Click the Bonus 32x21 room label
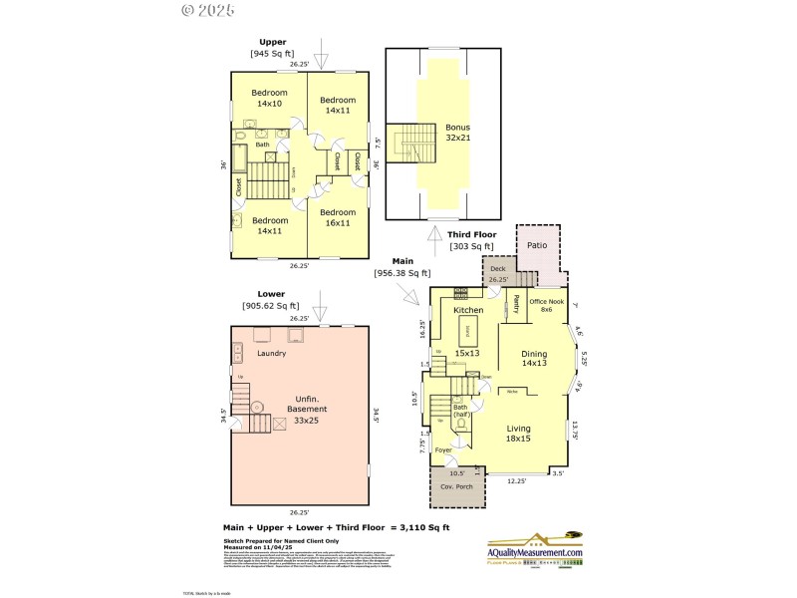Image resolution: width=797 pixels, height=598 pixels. [457, 134]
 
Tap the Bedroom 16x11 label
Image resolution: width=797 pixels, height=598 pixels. [338, 217]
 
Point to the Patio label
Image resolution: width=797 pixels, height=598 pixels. [537, 244]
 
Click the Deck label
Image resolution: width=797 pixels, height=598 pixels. [497, 268]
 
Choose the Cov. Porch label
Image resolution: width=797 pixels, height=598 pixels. [457, 486]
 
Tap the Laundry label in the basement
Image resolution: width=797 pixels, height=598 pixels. [272, 353]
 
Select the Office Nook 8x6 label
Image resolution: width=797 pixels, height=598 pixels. [547, 305]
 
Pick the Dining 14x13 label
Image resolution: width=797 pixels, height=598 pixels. [534, 358]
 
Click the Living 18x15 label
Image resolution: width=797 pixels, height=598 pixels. [519, 434]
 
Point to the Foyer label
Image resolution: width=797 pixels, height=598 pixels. [443, 450]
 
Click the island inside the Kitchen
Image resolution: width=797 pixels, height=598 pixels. [468, 330]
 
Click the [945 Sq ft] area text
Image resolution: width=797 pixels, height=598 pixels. [273, 54]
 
